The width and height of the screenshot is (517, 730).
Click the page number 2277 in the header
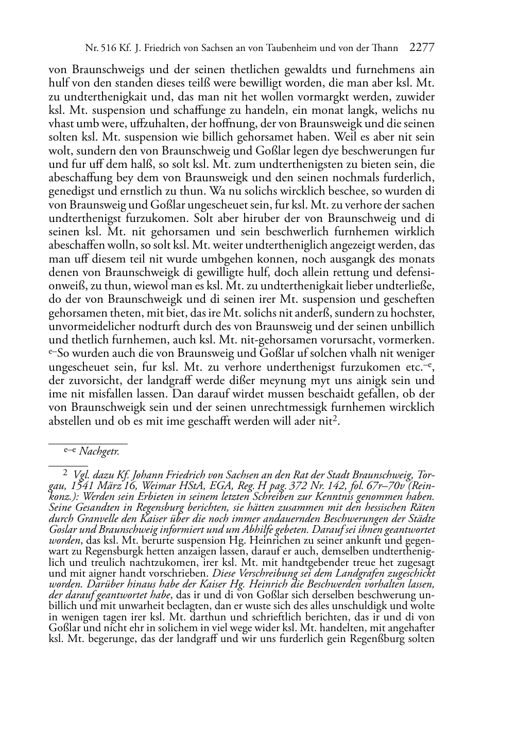(x=422, y=48)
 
